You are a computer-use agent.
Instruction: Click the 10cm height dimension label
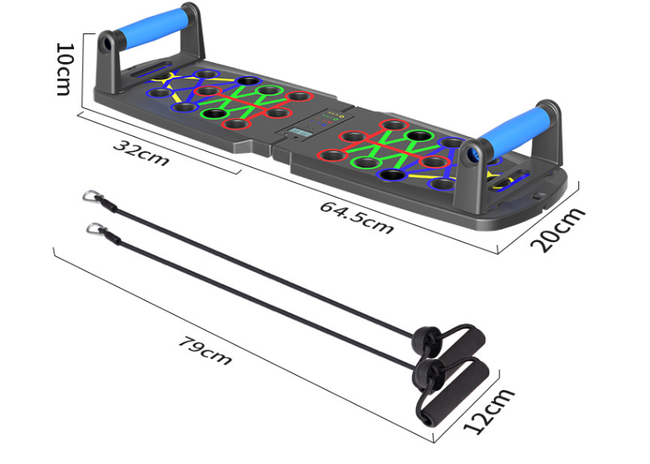coord(65,68)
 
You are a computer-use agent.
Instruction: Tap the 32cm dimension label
coord(141,153)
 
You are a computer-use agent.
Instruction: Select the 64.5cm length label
coord(357,217)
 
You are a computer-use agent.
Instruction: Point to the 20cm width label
coord(558,229)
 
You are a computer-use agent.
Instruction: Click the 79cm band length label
coord(205,350)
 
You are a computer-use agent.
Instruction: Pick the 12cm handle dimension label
coord(489,411)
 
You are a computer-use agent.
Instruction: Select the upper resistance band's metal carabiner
coord(92,196)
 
